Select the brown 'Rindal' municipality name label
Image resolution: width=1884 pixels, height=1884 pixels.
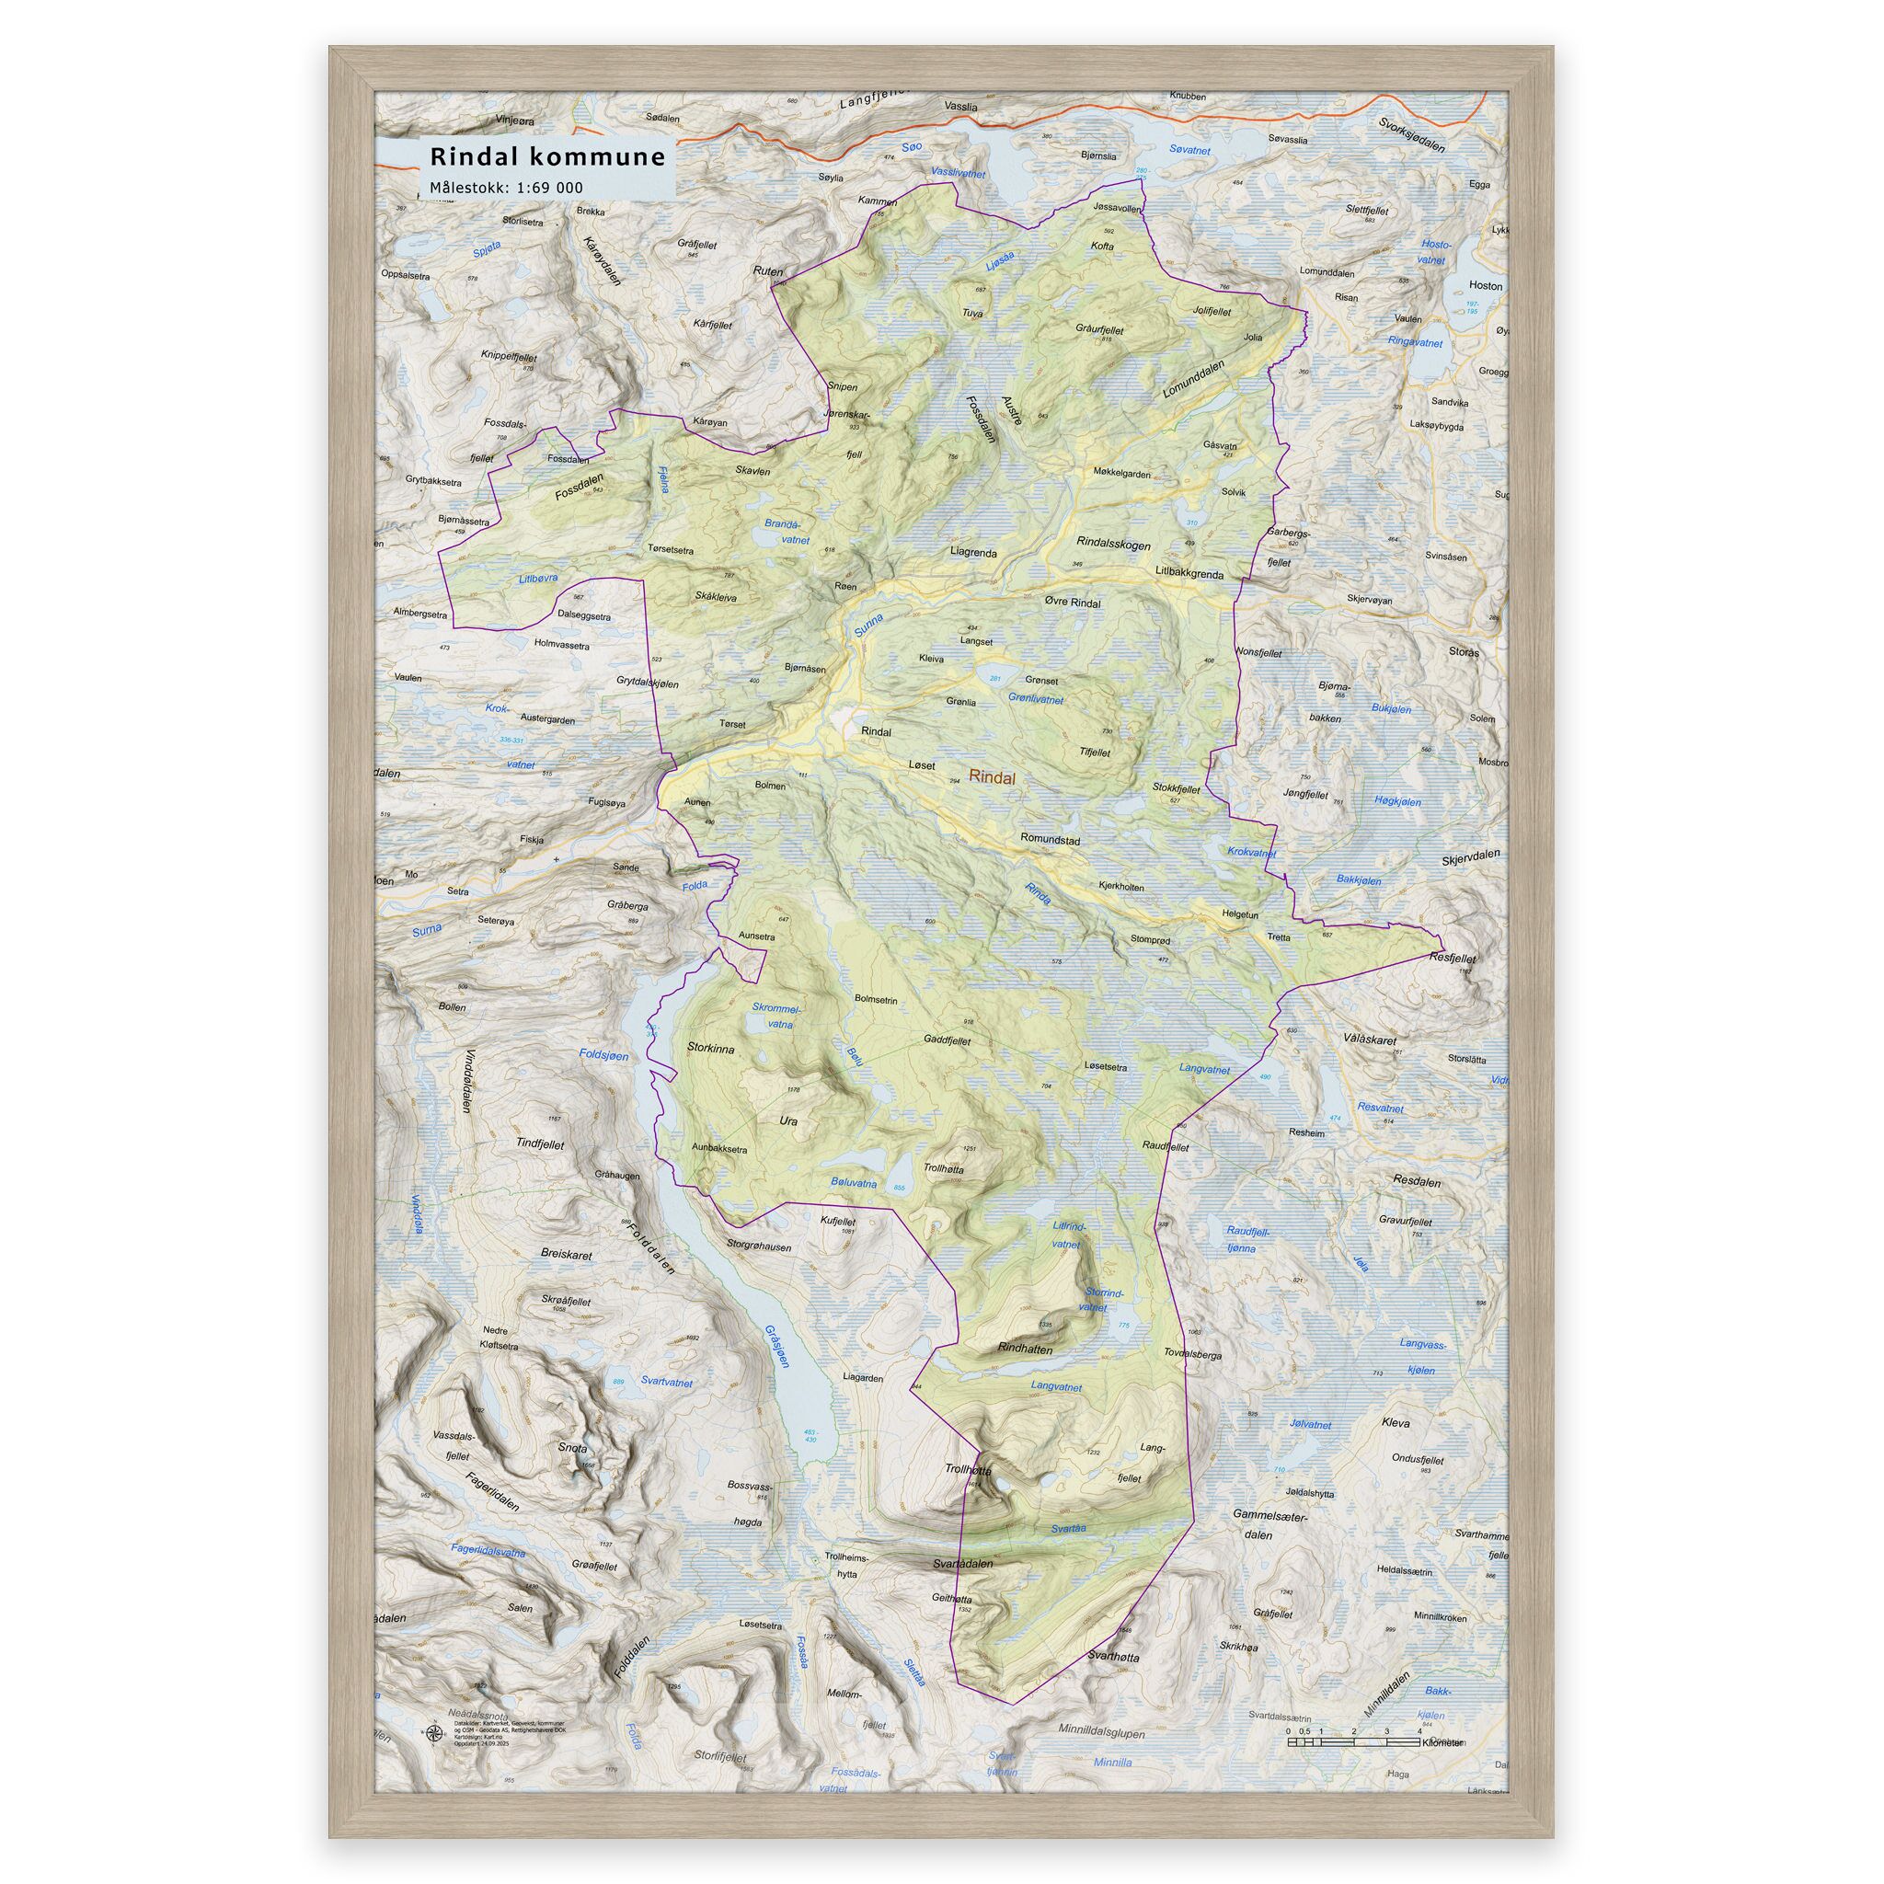coord(992,778)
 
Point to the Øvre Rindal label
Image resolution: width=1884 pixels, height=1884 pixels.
coord(1072,603)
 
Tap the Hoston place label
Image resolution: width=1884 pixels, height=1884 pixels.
coord(1484,287)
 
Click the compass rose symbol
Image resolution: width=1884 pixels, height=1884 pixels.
coord(432,1733)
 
